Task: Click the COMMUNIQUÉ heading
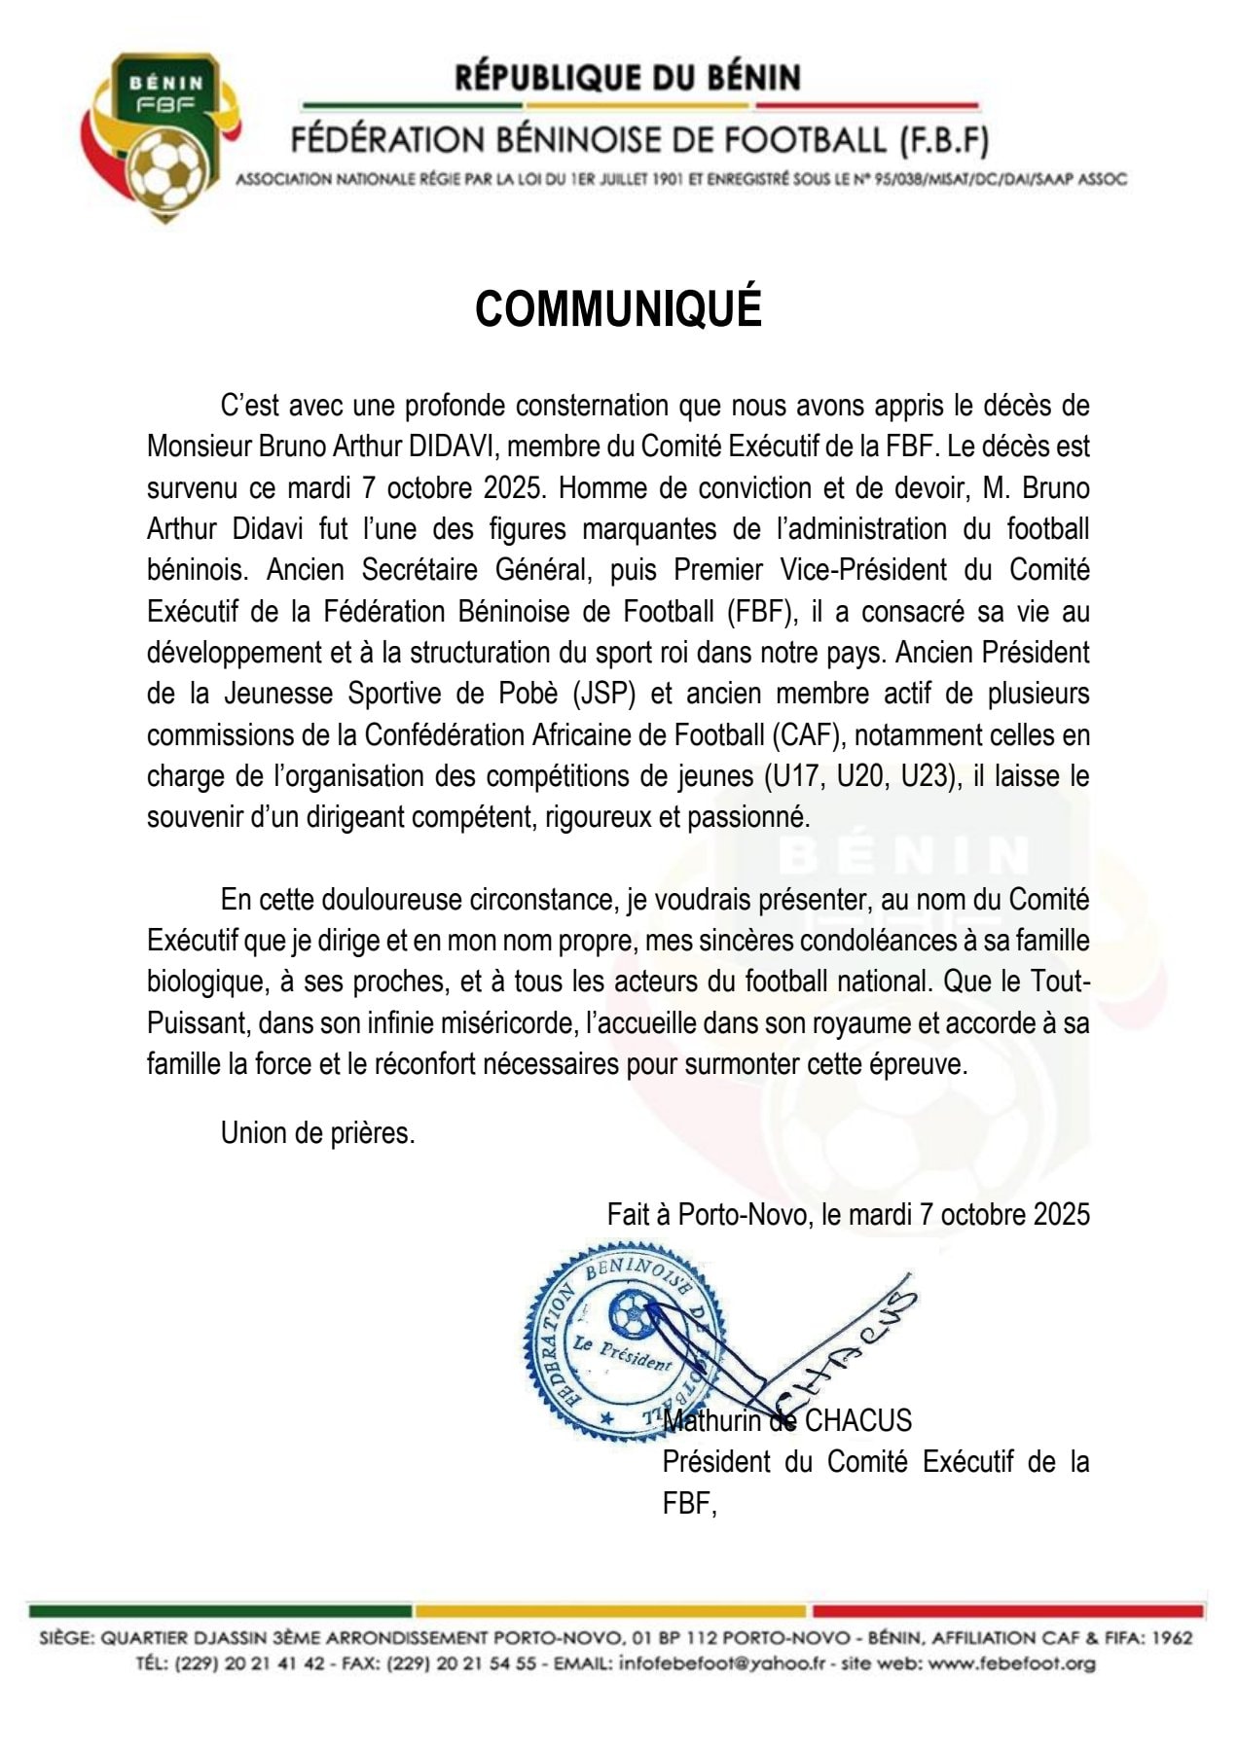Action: [x=618, y=308]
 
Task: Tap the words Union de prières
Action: [x=317, y=1133]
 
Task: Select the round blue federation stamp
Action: [x=624, y=1340]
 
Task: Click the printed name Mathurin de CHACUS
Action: [x=787, y=1421]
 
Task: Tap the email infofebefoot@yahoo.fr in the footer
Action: [x=726, y=1662]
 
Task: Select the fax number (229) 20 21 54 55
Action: [x=461, y=1662]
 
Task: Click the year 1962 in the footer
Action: [x=1171, y=1637]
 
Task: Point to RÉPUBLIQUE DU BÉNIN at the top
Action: [x=628, y=78]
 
